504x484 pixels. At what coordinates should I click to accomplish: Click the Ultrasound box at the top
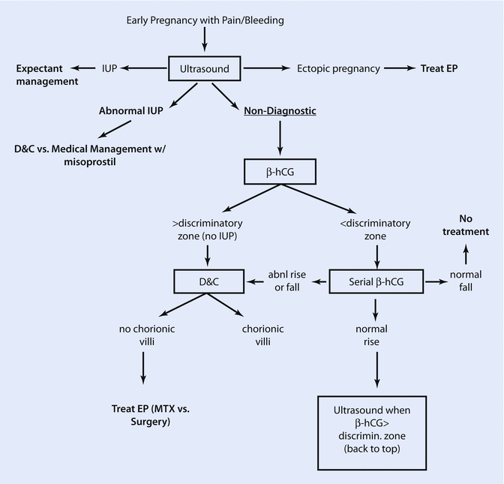click(x=205, y=68)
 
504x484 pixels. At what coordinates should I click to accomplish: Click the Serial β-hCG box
click(x=376, y=282)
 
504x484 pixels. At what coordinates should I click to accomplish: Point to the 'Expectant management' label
click(x=46, y=75)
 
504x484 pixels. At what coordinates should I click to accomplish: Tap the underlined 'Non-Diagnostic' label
click(x=280, y=111)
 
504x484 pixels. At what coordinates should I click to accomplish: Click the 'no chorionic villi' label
click(x=142, y=335)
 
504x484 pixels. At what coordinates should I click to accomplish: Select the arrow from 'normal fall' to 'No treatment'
click(x=465, y=255)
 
